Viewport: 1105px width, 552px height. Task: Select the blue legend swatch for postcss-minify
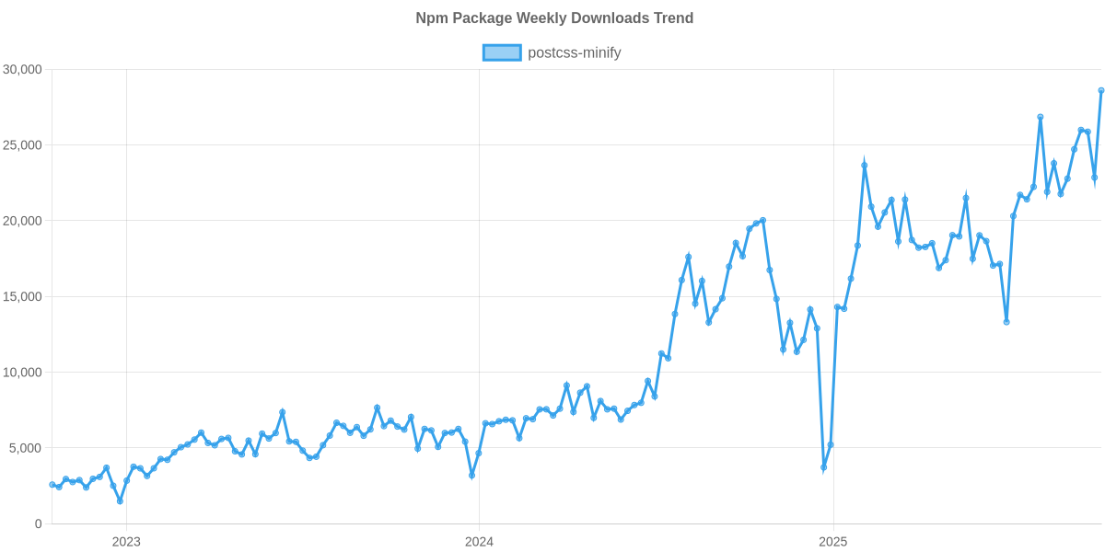point(501,53)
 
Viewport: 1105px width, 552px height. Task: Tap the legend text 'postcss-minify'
point(575,53)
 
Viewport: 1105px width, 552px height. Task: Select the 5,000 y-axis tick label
point(26,448)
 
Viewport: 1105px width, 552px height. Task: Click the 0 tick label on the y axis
point(39,523)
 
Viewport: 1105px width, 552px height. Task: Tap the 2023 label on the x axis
point(126,542)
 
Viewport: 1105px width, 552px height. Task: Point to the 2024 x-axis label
point(479,542)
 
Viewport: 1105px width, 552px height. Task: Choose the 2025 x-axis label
point(832,542)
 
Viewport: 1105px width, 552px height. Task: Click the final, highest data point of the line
point(1100,90)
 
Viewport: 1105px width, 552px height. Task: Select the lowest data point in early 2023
point(120,501)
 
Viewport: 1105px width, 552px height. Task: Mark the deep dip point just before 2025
point(823,468)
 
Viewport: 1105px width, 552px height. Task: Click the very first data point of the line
point(52,484)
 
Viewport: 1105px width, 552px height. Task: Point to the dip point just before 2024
point(471,476)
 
